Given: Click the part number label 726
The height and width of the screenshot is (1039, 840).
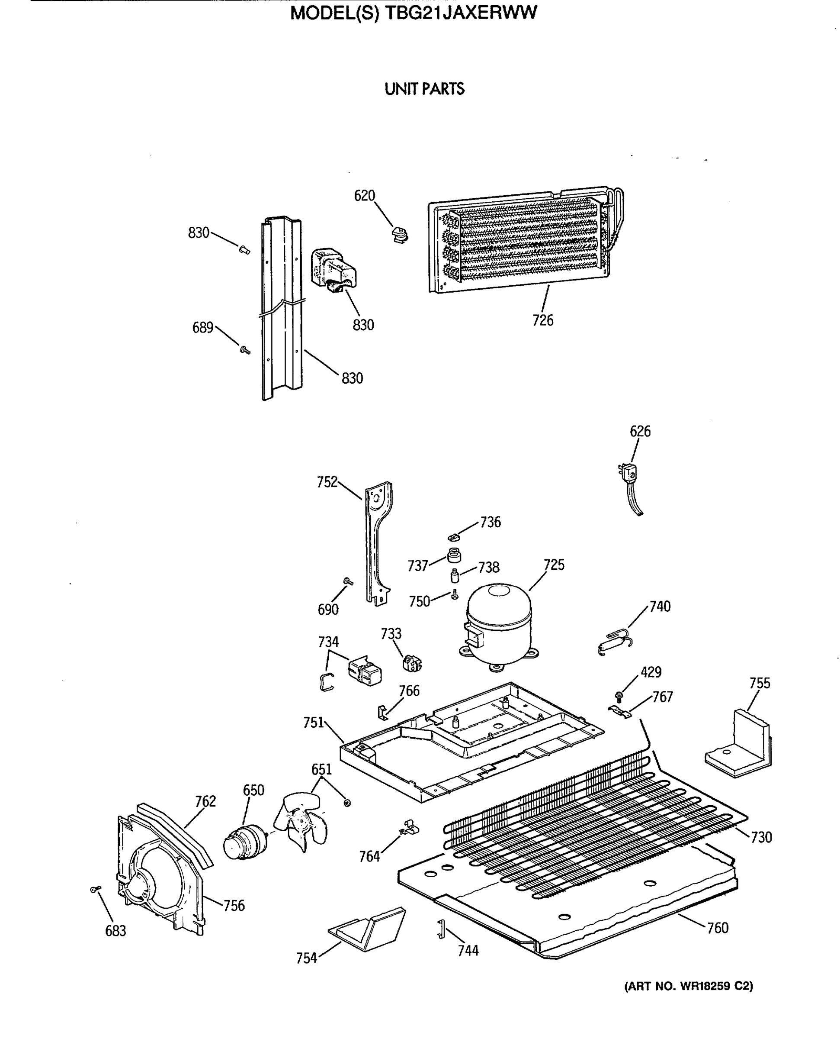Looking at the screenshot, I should [x=542, y=320].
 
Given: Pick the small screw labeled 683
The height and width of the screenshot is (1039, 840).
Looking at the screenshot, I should [x=95, y=888].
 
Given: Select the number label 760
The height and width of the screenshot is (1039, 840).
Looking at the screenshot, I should [x=717, y=927].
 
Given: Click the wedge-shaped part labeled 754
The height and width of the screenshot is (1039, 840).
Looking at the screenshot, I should [x=368, y=929].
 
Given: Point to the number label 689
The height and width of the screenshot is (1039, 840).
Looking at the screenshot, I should [x=202, y=328].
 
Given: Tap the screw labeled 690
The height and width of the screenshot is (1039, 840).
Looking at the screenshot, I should [x=347, y=581].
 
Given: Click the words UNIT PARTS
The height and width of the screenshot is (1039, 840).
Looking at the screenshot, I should [x=424, y=89].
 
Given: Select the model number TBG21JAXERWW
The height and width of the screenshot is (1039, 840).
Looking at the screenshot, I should [x=461, y=13].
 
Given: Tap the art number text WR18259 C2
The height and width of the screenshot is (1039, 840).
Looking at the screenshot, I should [x=717, y=986].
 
